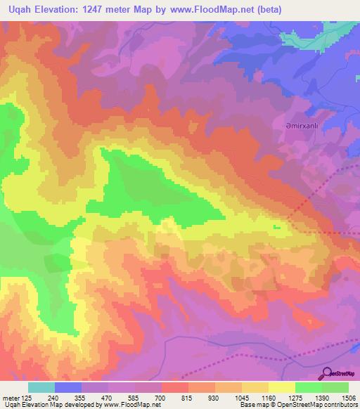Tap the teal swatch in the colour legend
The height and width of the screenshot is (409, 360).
pyautogui.click(x=41, y=387)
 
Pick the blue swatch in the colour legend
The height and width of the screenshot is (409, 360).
pyautogui.click(x=68, y=387)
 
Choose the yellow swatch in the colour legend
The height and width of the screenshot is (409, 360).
pyautogui.click(x=282, y=387)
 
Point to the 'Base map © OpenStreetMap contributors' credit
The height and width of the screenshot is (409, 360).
pyautogui.click(x=297, y=405)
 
